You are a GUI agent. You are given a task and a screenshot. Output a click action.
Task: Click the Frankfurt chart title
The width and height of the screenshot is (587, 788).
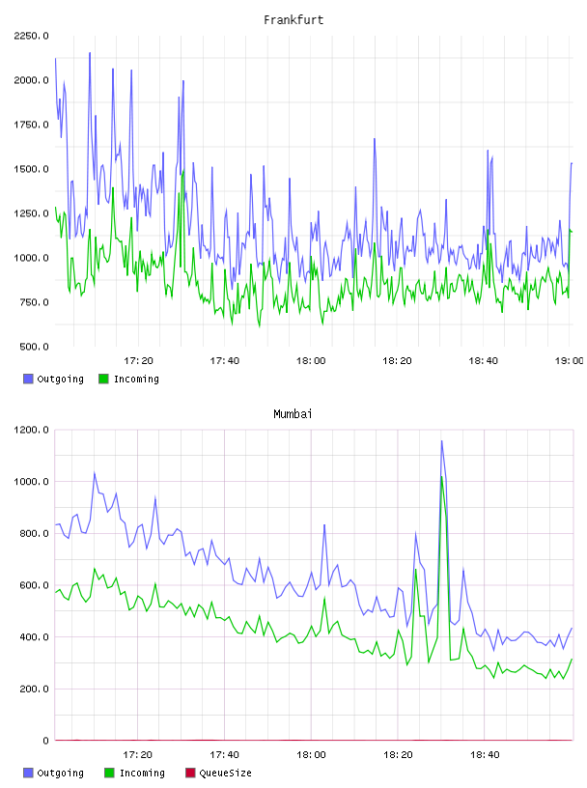pos(293,20)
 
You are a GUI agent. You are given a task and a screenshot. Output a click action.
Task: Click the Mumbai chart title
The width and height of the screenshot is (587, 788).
pos(293,414)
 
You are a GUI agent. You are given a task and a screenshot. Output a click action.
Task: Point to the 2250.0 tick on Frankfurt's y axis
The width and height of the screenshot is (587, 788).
pos(31,36)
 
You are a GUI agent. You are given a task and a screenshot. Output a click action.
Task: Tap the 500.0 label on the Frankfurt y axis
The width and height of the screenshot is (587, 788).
pos(34,347)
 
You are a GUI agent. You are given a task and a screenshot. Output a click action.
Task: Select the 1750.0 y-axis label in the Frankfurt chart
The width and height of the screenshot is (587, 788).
pos(31,125)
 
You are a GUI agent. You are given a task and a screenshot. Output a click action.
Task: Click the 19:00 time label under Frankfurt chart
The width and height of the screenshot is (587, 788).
pos(570,361)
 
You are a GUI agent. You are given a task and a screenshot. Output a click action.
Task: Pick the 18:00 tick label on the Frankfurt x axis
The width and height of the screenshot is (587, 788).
pos(311,361)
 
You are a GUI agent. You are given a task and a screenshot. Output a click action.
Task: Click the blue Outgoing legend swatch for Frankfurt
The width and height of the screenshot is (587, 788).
pos(28,379)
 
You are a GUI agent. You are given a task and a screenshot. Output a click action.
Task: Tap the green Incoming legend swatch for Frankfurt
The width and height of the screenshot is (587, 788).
pos(103,379)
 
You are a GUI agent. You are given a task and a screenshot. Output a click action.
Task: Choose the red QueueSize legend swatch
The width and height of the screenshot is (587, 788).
pos(190,773)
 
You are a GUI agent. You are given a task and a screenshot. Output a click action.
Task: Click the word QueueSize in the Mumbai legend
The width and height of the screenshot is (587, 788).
pos(225,773)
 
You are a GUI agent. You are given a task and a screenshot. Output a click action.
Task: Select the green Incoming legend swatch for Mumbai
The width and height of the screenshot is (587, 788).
pos(109,773)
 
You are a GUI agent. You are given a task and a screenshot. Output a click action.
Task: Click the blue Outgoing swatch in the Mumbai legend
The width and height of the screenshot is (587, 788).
pos(28,773)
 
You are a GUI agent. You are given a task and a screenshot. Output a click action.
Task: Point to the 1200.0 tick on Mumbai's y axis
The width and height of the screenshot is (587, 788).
pos(31,430)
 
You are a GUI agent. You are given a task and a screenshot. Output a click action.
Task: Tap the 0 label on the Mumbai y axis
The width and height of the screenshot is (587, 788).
pos(45,741)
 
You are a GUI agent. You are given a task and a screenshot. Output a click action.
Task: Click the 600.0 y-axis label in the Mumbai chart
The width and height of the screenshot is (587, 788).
pos(34,585)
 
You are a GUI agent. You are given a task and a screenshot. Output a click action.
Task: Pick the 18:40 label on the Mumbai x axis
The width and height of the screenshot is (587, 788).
pos(485,755)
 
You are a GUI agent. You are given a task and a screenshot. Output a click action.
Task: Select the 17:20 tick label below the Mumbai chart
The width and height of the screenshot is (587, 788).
pos(137,755)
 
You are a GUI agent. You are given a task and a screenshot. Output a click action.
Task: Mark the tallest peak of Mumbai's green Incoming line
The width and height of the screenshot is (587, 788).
pos(442,476)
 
